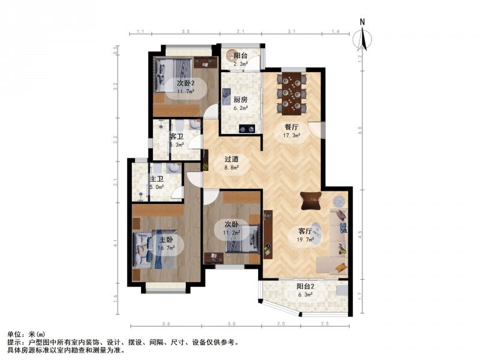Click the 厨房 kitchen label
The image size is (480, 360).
coord(241,100)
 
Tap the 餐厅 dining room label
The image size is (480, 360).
coord(292,127)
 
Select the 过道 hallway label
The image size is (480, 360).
coord(232,159)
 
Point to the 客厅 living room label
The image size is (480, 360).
coord(305,231)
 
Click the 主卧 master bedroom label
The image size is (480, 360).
coord(166,239)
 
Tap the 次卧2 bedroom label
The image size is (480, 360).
coord(186,83)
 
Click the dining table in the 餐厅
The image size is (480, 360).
coord(292,94)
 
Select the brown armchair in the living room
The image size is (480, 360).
coord(311,200)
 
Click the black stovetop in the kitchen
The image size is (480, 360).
coord(247,128)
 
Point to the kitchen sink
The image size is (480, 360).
coord(227,97)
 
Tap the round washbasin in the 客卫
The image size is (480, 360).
coord(194,124)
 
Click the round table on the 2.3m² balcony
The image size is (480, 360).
coord(232,55)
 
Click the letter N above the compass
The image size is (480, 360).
coord(362,22)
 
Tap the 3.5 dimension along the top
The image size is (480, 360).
coord(185,31)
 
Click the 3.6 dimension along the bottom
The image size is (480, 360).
coord(166,323)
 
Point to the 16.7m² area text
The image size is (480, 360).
coord(166,248)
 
